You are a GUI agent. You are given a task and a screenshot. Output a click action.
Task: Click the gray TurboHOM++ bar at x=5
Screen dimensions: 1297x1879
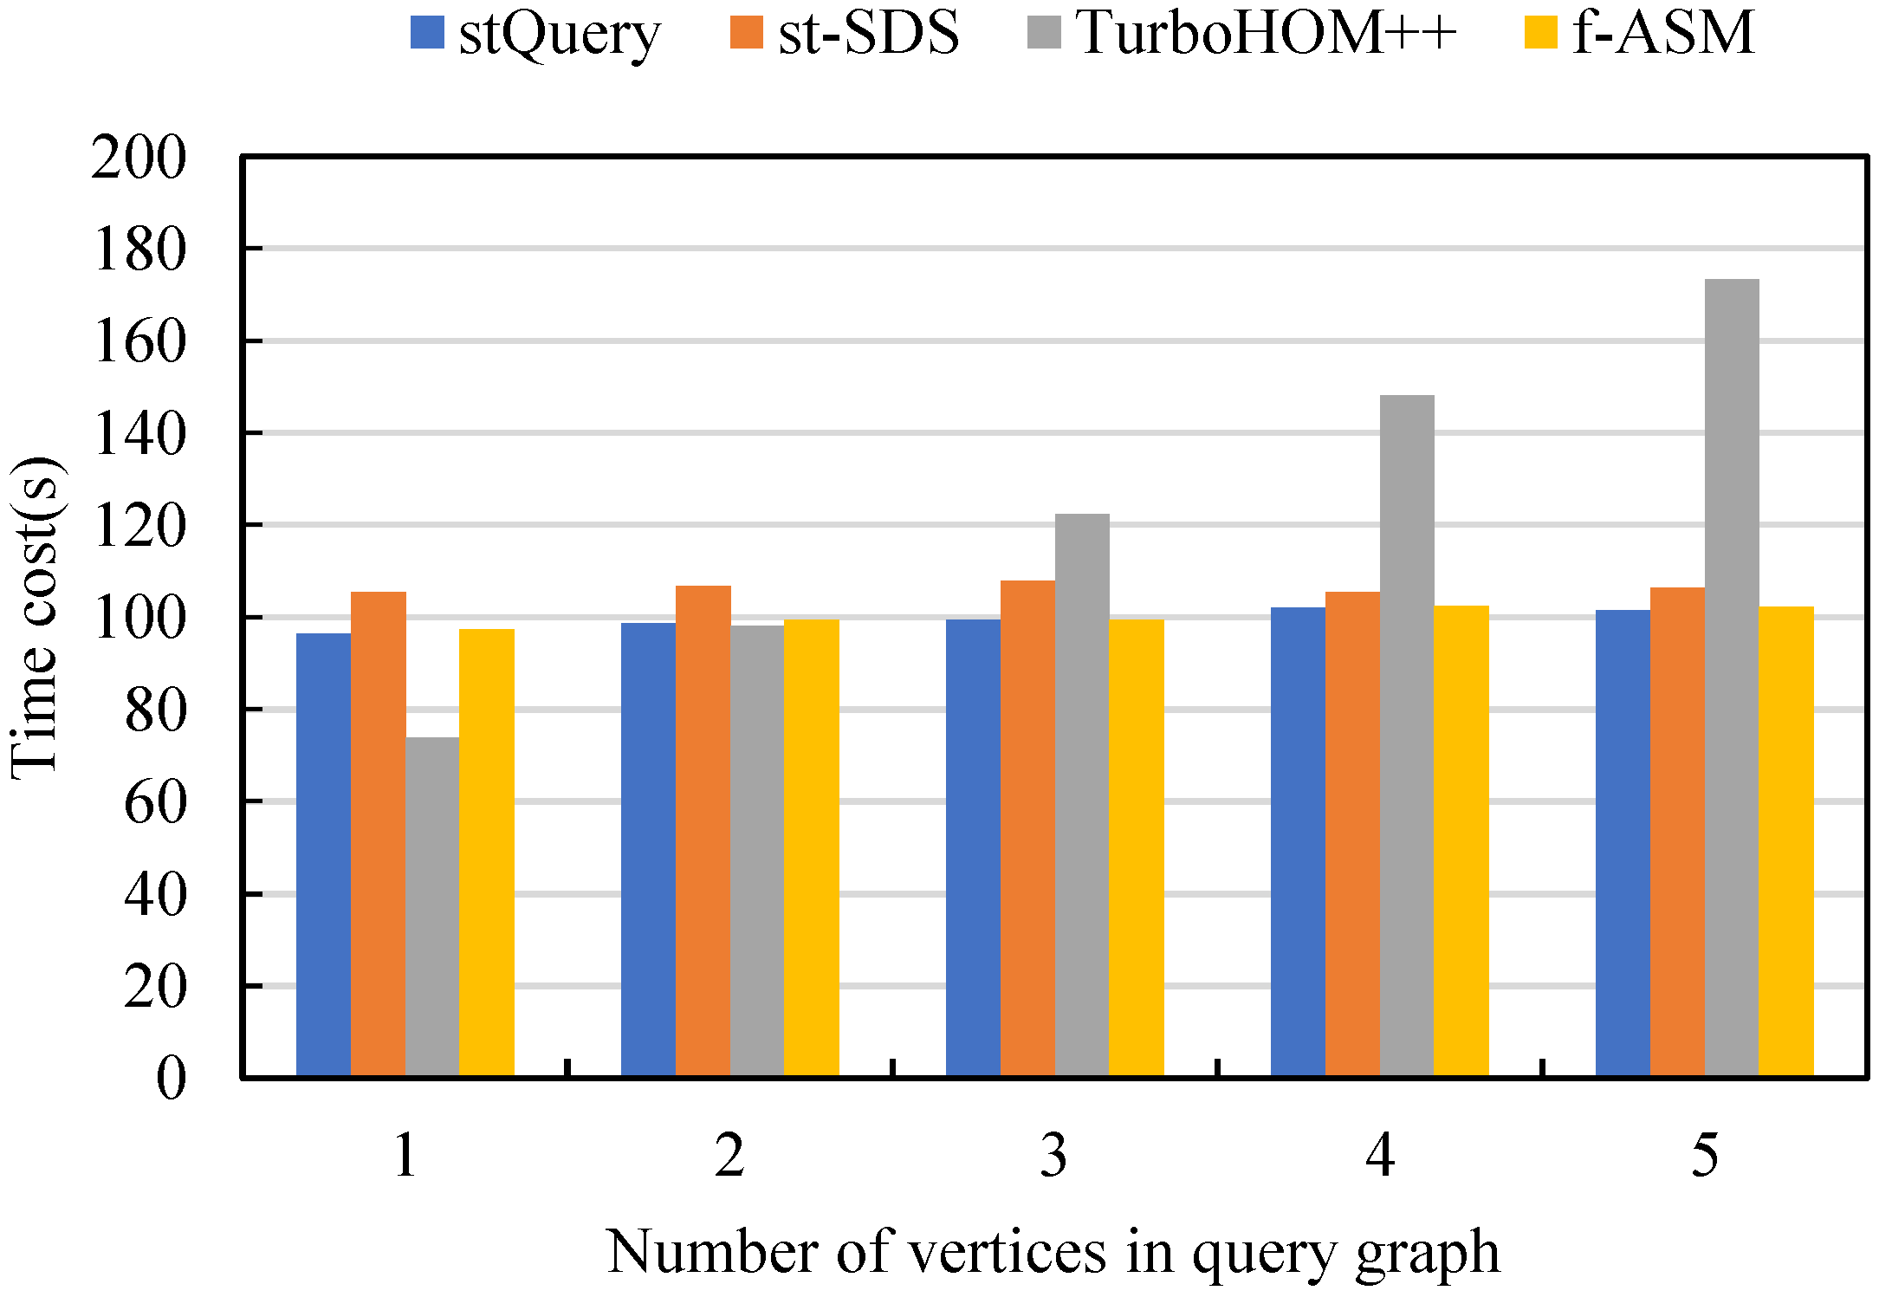1732,678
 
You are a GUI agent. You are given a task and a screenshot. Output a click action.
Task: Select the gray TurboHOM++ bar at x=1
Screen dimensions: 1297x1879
432,906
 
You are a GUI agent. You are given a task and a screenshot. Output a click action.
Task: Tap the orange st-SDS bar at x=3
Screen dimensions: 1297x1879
1027,828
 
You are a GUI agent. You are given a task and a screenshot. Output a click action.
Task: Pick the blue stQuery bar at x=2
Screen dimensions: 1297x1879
648,849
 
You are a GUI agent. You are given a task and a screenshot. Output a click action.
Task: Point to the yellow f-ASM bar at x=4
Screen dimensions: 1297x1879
1461,840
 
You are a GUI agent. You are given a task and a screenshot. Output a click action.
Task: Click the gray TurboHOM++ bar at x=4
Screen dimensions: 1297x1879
1407,736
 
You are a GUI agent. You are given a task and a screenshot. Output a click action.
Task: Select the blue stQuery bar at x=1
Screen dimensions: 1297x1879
323,854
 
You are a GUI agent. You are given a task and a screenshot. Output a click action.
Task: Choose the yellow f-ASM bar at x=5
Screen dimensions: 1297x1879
1786,841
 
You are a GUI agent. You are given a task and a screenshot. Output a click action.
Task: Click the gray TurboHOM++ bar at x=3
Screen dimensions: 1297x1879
1082,794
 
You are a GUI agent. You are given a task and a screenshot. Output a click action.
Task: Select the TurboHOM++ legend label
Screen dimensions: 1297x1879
1267,33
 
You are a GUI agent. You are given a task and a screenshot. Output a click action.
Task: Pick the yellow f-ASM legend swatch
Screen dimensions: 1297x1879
1540,33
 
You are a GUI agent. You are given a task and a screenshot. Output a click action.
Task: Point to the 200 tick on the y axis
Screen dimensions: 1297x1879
139,158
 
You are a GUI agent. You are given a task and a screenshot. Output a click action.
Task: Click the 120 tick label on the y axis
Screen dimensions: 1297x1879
139,526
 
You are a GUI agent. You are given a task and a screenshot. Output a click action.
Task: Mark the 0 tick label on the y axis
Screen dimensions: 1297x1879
171,1079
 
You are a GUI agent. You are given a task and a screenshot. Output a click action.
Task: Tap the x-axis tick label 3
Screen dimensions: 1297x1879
1054,1155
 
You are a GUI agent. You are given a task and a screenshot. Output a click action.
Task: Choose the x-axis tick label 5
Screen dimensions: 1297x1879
1705,1155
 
